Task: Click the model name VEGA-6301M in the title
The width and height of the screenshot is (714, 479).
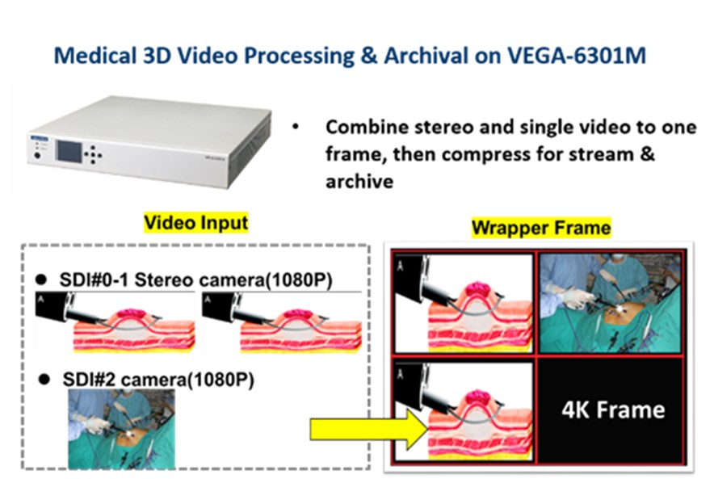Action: click(x=577, y=56)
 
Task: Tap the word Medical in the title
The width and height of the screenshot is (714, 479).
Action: click(x=95, y=56)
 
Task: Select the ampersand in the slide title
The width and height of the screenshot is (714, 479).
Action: click(x=368, y=56)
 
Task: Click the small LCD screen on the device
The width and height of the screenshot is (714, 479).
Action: click(x=69, y=152)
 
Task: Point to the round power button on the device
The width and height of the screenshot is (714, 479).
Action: click(x=37, y=156)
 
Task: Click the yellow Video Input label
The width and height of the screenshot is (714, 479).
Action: click(x=195, y=223)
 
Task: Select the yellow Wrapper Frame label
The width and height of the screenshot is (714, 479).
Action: click(x=541, y=228)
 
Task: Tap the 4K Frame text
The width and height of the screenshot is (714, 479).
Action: click(x=613, y=410)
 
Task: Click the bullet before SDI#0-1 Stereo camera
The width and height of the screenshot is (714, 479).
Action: click(x=41, y=279)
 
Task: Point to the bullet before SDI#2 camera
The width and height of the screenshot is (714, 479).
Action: click(x=44, y=380)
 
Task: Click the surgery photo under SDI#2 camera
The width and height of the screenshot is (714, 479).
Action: click(x=122, y=429)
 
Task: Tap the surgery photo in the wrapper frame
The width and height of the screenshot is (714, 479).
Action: click(x=610, y=303)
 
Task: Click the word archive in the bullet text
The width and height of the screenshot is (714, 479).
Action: click(x=359, y=182)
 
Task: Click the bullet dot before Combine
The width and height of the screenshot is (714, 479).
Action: click(x=296, y=127)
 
